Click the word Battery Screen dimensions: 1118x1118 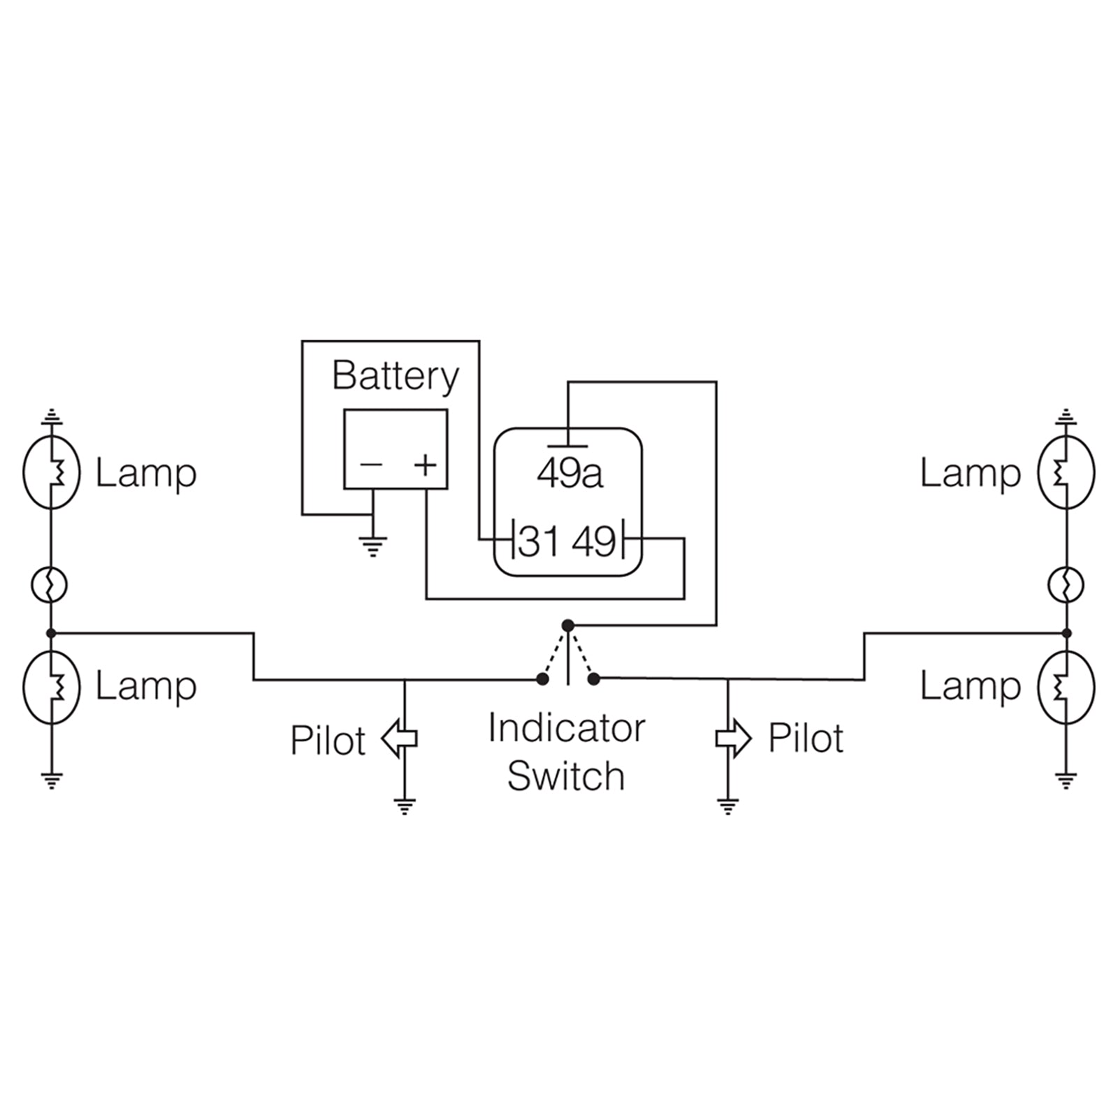(x=395, y=377)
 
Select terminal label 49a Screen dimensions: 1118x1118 (x=569, y=474)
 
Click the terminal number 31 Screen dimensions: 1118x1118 (x=539, y=542)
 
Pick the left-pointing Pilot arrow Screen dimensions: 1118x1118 (x=399, y=739)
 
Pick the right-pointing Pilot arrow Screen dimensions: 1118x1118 (x=734, y=739)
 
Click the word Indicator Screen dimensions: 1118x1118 (x=566, y=728)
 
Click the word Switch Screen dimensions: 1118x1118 (x=566, y=776)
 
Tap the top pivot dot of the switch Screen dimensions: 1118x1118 (x=568, y=625)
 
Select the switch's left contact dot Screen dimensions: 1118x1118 (x=542, y=678)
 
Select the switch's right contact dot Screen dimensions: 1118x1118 (x=594, y=678)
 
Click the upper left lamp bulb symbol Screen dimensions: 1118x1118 (x=51, y=472)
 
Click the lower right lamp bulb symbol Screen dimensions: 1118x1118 (x=1066, y=686)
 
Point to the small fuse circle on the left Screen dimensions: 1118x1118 (x=50, y=584)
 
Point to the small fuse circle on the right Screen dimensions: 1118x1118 (x=1066, y=584)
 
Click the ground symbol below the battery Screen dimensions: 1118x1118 (x=372, y=545)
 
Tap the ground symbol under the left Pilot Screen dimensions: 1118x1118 (x=405, y=806)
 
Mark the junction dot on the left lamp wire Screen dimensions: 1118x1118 (x=50, y=633)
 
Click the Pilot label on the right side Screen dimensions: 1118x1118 (x=806, y=738)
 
